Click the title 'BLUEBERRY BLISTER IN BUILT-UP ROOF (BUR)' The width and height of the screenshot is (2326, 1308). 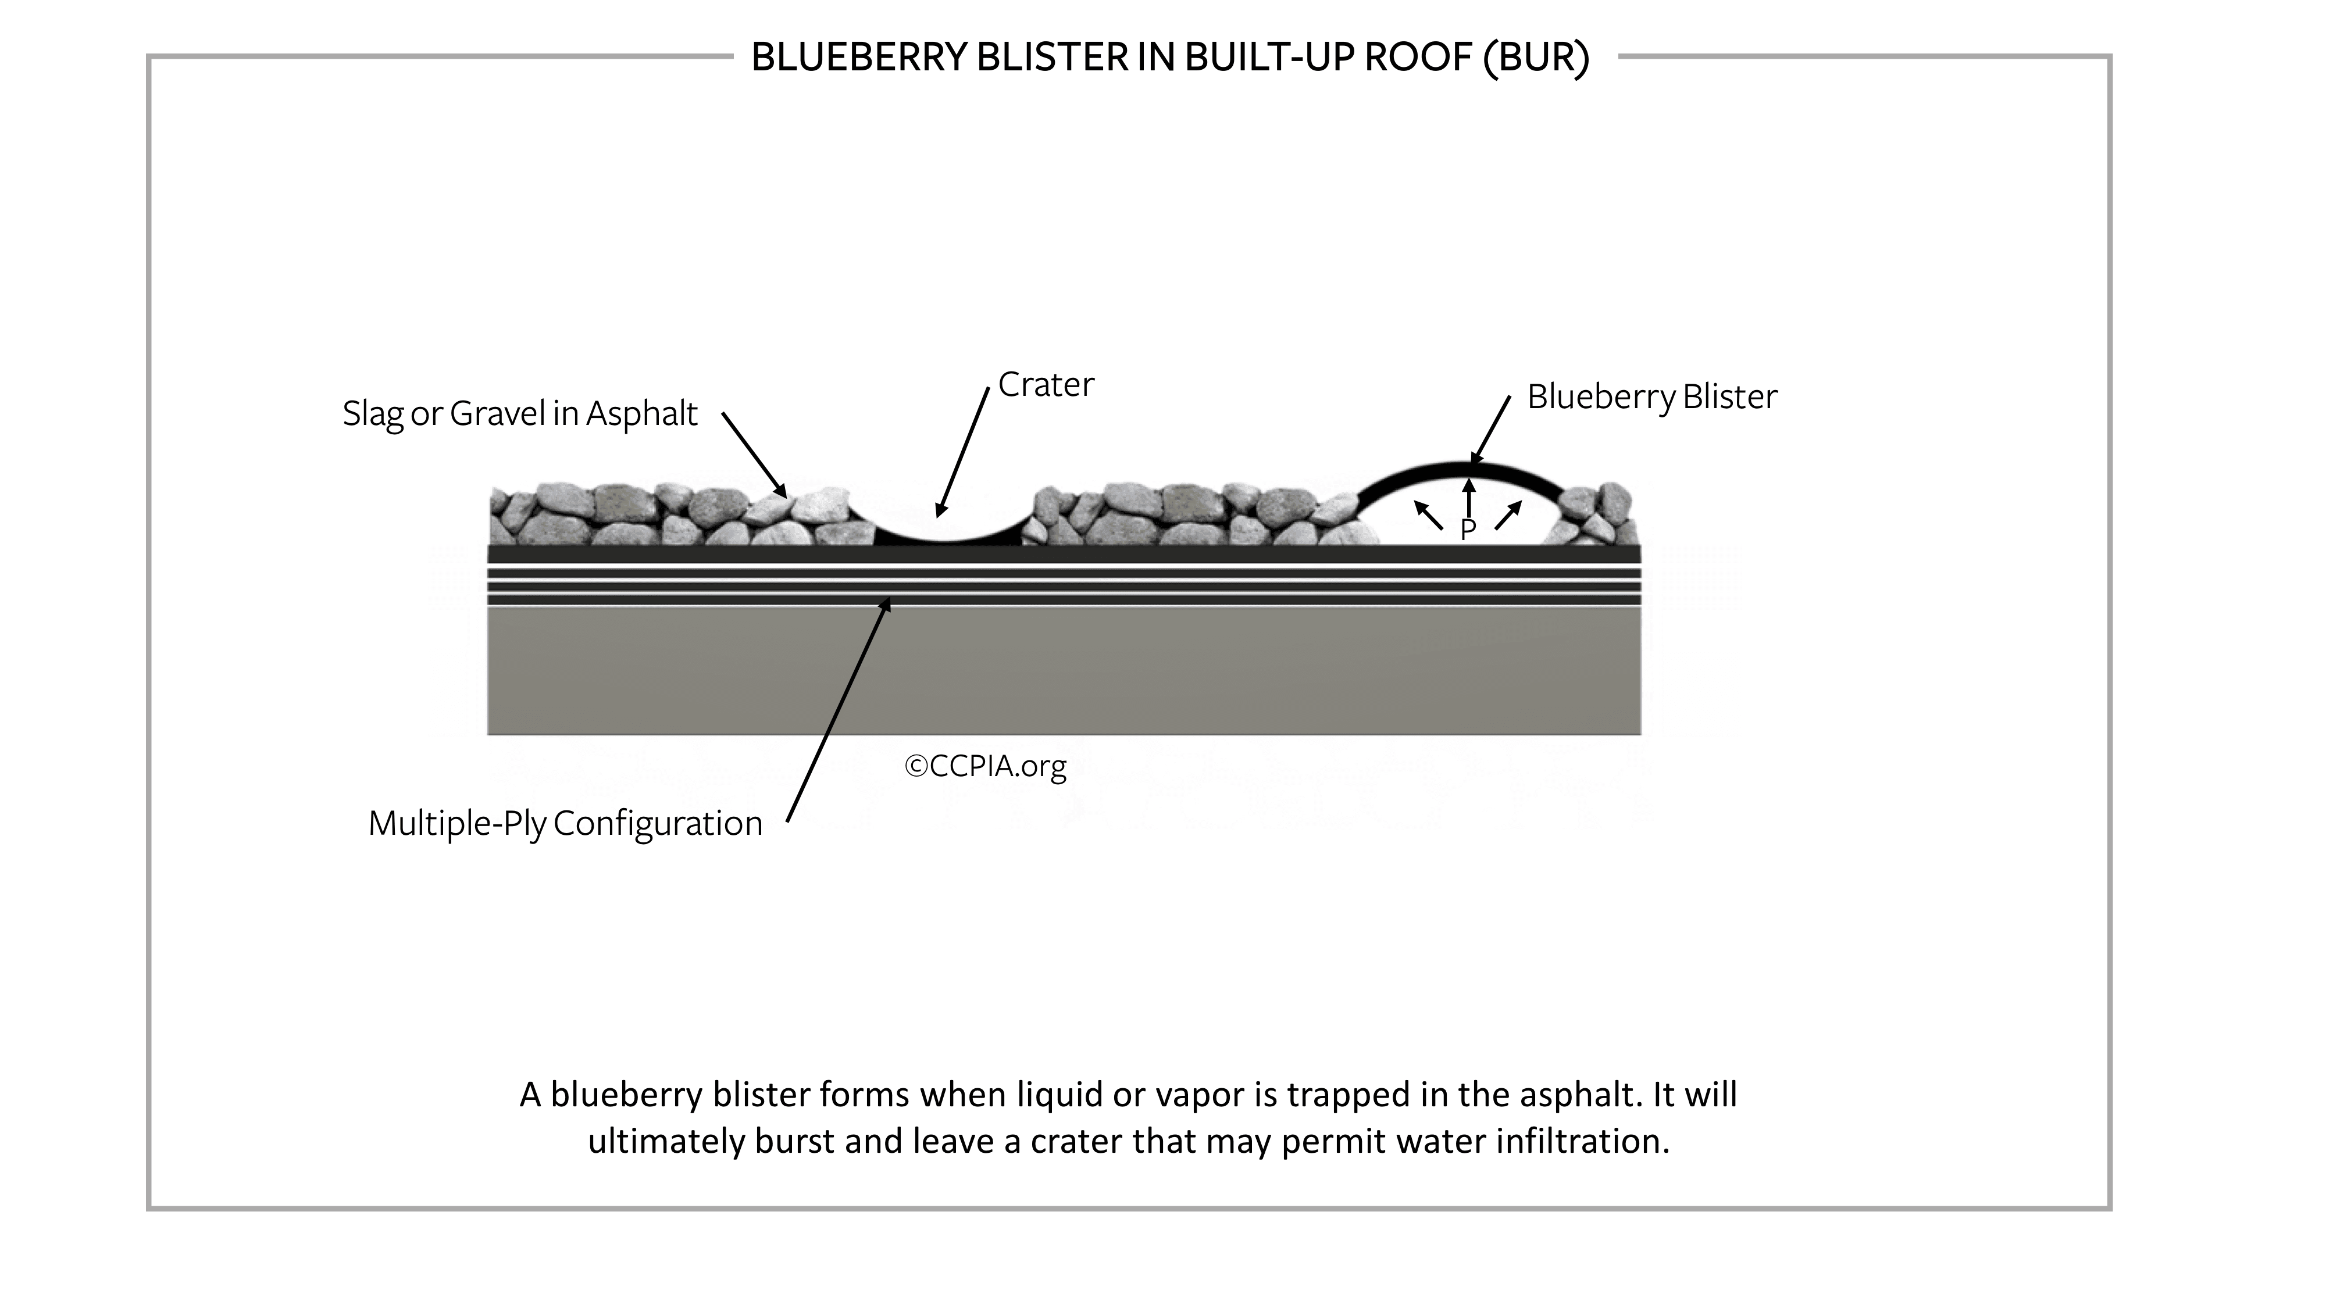[x=1170, y=58]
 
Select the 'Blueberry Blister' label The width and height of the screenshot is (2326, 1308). [x=1651, y=397]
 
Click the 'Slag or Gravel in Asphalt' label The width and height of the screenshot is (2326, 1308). [x=520, y=414]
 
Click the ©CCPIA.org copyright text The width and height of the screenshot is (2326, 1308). [x=985, y=766]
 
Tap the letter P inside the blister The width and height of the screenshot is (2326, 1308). [x=1468, y=530]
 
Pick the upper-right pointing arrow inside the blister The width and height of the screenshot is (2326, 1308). [x=1508, y=516]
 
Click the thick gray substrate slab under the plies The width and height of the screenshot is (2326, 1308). [x=1064, y=671]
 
